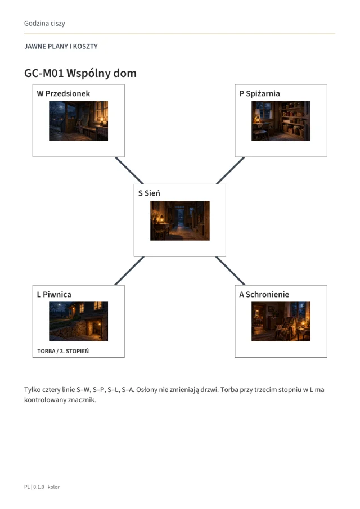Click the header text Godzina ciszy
(44, 24)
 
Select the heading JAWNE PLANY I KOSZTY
(61, 47)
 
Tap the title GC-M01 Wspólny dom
(80, 73)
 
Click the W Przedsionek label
(64, 93)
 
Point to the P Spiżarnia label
(259, 93)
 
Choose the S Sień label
(149, 193)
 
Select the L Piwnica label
(54, 294)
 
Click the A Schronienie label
(264, 294)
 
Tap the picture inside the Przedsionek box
(79, 121)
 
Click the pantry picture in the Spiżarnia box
(281, 121)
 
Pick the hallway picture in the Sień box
(180, 220)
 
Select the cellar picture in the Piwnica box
(79, 321)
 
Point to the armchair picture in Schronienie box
(281, 321)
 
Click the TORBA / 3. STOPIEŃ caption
(63, 351)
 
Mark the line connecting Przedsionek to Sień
(129, 170)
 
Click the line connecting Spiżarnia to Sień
(231, 170)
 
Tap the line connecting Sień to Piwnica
(129, 271)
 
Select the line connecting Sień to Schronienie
(230, 271)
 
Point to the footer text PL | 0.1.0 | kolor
(42, 487)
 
